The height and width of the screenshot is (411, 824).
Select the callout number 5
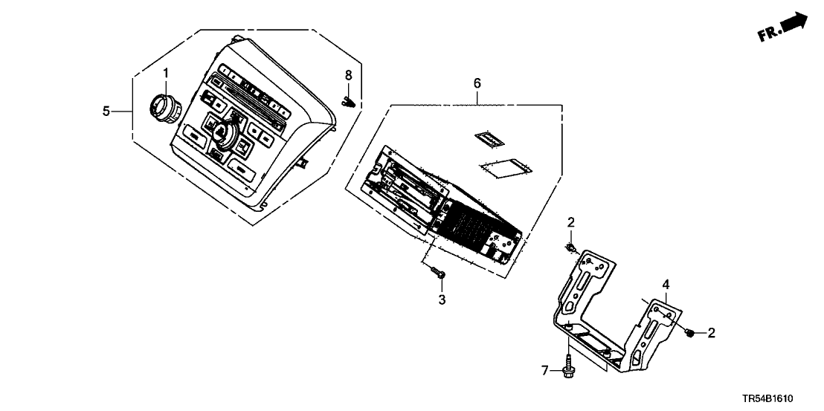point(107,111)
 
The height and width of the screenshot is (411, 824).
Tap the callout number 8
point(347,75)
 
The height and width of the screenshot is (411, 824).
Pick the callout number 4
point(666,284)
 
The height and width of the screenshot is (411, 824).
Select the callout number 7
point(544,369)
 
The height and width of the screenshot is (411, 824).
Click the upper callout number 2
point(571,221)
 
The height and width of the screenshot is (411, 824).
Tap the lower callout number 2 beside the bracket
point(711,334)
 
